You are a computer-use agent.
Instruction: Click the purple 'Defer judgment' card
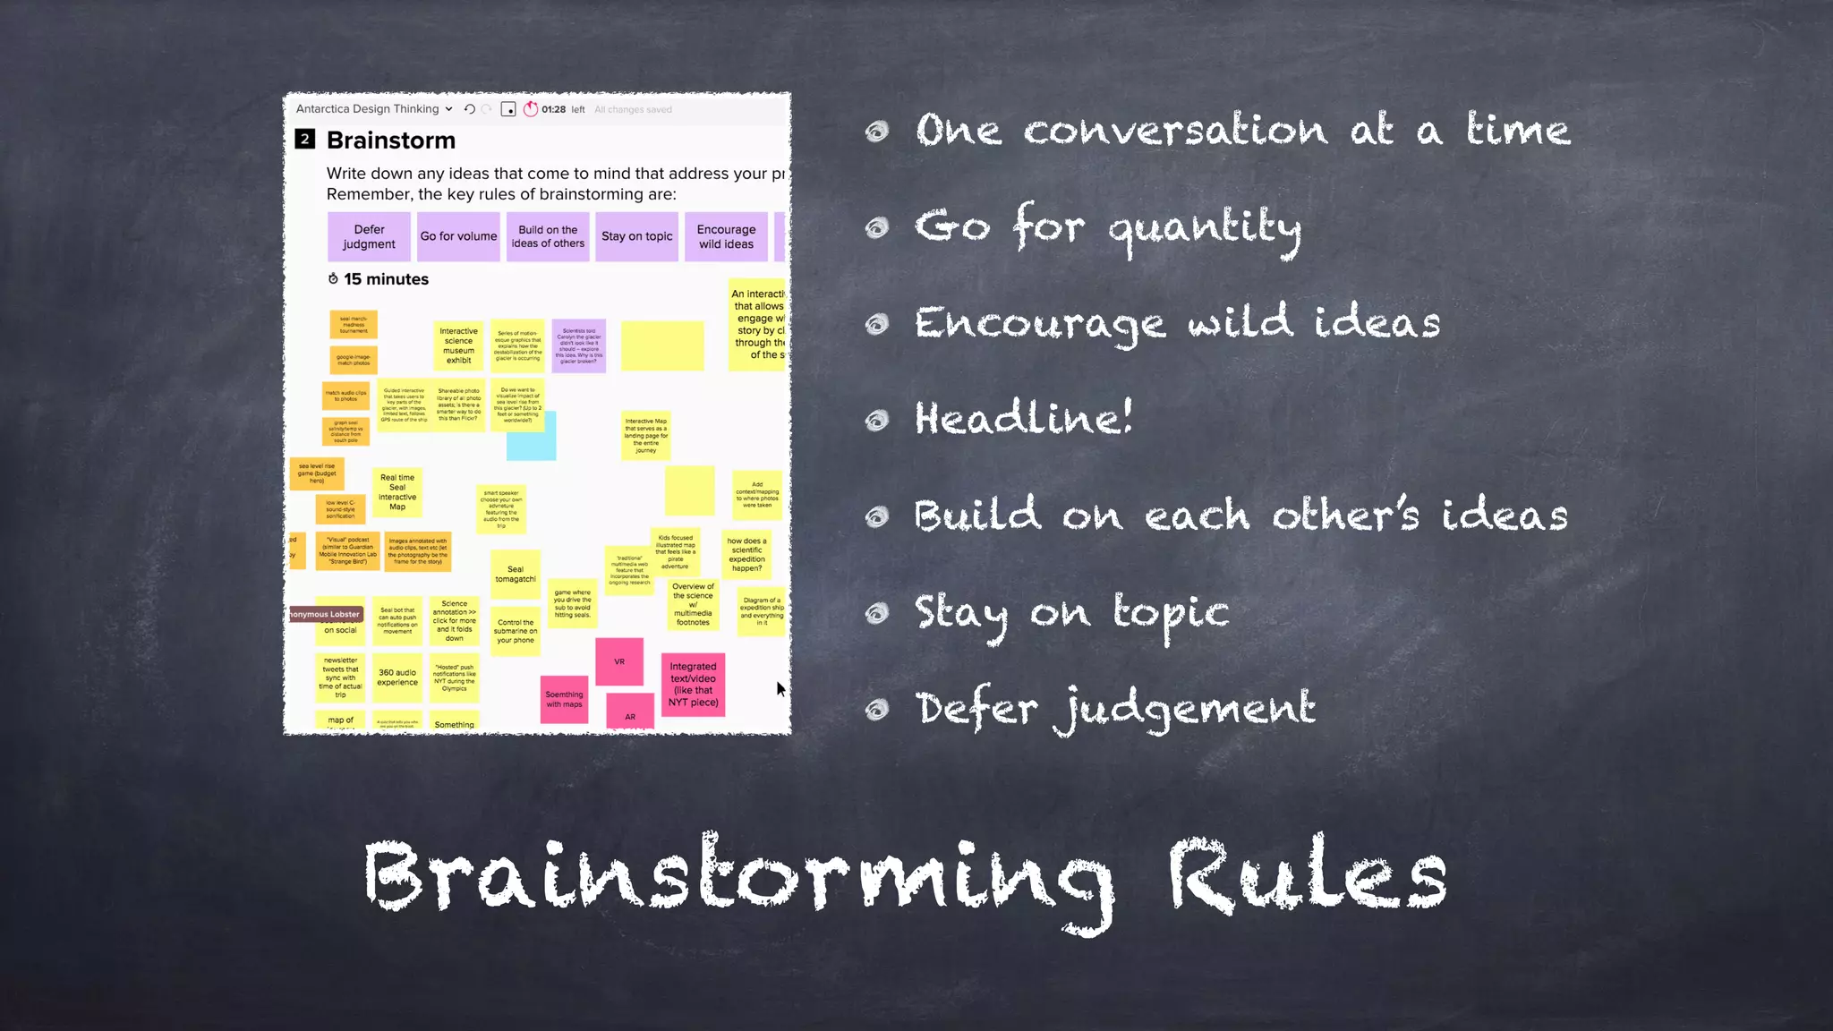(369, 236)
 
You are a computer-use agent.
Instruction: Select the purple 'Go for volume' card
(458, 236)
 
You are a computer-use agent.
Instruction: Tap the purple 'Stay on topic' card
(636, 236)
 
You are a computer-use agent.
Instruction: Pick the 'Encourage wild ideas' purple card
(726, 236)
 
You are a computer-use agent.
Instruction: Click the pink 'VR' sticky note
(619, 661)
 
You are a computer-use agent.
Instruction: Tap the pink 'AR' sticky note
(630, 714)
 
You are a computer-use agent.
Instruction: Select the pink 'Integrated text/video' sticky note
(693, 684)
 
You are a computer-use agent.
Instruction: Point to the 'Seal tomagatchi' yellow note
(516, 574)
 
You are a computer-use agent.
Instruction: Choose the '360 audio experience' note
(397, 677)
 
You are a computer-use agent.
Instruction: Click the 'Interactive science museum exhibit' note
(458, 345)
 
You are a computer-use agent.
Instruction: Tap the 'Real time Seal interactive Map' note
(397, 492)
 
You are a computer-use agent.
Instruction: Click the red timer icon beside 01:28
(531, 109)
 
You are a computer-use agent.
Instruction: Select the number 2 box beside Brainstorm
(305, 140)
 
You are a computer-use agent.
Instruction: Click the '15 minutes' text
(386, 279)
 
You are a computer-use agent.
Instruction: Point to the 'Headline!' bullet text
(1023, 419)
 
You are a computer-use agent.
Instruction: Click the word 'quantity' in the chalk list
(1205, 227)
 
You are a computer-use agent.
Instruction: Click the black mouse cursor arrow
(780, 688)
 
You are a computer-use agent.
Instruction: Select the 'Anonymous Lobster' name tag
(326, 614)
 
